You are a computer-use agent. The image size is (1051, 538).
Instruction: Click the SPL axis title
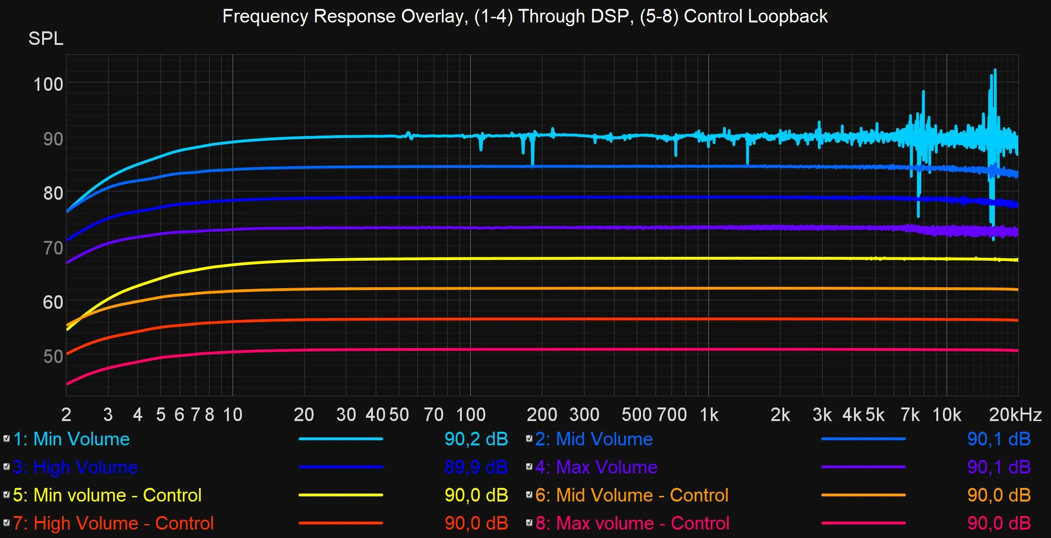point(45,38)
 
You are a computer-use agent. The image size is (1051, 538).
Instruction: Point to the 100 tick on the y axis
point(48,85)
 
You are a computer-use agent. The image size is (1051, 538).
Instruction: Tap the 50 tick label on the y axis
point(53,357)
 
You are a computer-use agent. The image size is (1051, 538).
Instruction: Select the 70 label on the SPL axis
point(53,248)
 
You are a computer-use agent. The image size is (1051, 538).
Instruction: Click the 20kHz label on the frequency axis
point(1015,415)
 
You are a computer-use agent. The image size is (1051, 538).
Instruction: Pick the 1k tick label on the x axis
point(709,415)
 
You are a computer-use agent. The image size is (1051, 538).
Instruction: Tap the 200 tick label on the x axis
point(542,415)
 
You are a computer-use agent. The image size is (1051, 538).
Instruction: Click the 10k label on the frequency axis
point(947,415)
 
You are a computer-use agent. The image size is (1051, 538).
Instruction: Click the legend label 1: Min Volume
point(72,439)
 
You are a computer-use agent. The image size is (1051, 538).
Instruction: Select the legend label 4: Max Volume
point(596,467)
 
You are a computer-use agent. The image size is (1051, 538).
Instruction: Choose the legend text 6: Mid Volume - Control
point(632,495)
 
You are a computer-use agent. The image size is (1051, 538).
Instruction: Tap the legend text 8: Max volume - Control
point(632,523)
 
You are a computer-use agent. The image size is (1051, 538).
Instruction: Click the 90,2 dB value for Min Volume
point(476,439)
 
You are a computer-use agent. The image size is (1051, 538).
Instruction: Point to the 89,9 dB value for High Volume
point(476,467)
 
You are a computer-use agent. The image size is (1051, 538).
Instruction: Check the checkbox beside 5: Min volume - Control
point(7,494)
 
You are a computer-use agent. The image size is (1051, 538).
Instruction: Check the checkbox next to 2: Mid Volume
point(529,438)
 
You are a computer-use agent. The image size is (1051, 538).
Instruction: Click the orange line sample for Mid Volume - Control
point(863,495)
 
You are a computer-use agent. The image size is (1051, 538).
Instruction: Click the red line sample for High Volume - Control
point(341,523)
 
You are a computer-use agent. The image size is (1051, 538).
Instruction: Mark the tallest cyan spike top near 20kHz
point(995,70)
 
